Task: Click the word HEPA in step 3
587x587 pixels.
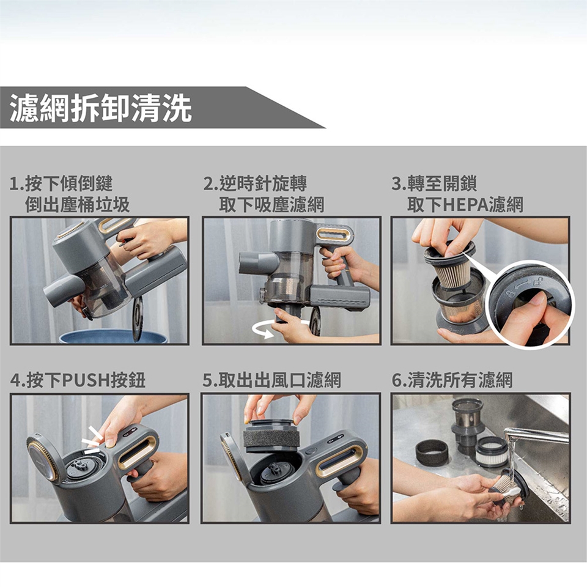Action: click(x=465, y=205)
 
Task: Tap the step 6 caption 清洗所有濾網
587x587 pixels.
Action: click(x=460, y=380)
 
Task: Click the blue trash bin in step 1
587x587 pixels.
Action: click(x=113, y=336)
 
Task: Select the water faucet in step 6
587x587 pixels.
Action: click(x=536, y=437)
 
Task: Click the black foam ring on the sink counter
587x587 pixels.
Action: click(x=432, y=452)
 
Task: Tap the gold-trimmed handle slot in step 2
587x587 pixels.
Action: click(x=334, y=235)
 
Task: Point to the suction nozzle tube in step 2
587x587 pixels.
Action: click(x=258, y=263)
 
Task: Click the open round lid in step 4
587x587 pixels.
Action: click(x=42, y=457)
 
